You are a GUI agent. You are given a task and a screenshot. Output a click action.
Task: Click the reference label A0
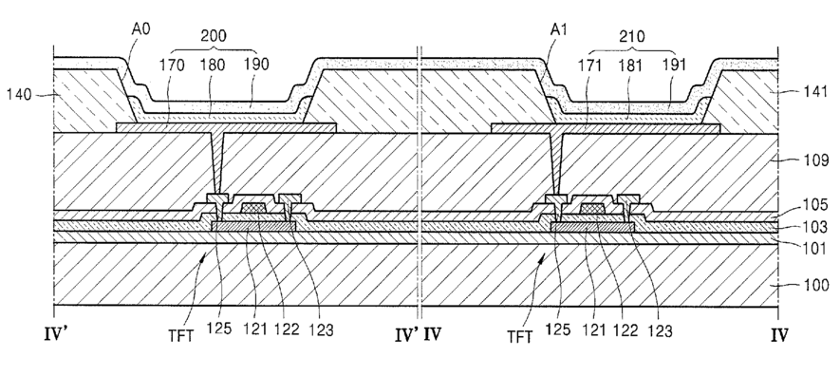click(140, 28)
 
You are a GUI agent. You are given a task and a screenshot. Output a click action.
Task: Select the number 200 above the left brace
click(214, 36)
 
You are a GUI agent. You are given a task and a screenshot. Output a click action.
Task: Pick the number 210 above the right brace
click(632, 36)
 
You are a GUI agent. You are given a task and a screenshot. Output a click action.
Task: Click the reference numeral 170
click(172, 66)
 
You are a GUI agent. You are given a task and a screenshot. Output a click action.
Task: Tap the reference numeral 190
click(256, 65)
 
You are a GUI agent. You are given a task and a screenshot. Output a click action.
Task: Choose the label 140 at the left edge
click(19, 95)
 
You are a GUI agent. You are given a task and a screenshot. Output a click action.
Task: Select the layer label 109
click(814, 160)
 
